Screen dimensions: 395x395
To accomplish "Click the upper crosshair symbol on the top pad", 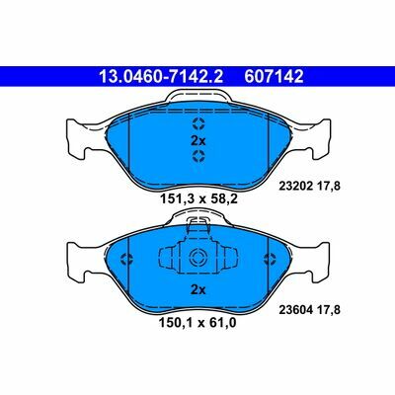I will (x=197, y=123).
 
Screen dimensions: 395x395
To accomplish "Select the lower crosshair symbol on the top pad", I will (x=197, y=155).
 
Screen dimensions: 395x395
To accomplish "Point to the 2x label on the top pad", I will (x=197, y=140).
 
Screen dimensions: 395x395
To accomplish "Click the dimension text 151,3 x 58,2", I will (x=197, y=197).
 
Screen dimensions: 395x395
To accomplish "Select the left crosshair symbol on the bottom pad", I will (x=124, y=260).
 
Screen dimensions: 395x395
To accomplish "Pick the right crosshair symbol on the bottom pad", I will (x=270, y=260).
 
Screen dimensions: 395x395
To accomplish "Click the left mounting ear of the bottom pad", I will (x=77, y=261).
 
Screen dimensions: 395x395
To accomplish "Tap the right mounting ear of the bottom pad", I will (x=318, y=261).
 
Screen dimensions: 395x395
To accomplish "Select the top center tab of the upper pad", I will (x=197, y=97).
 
